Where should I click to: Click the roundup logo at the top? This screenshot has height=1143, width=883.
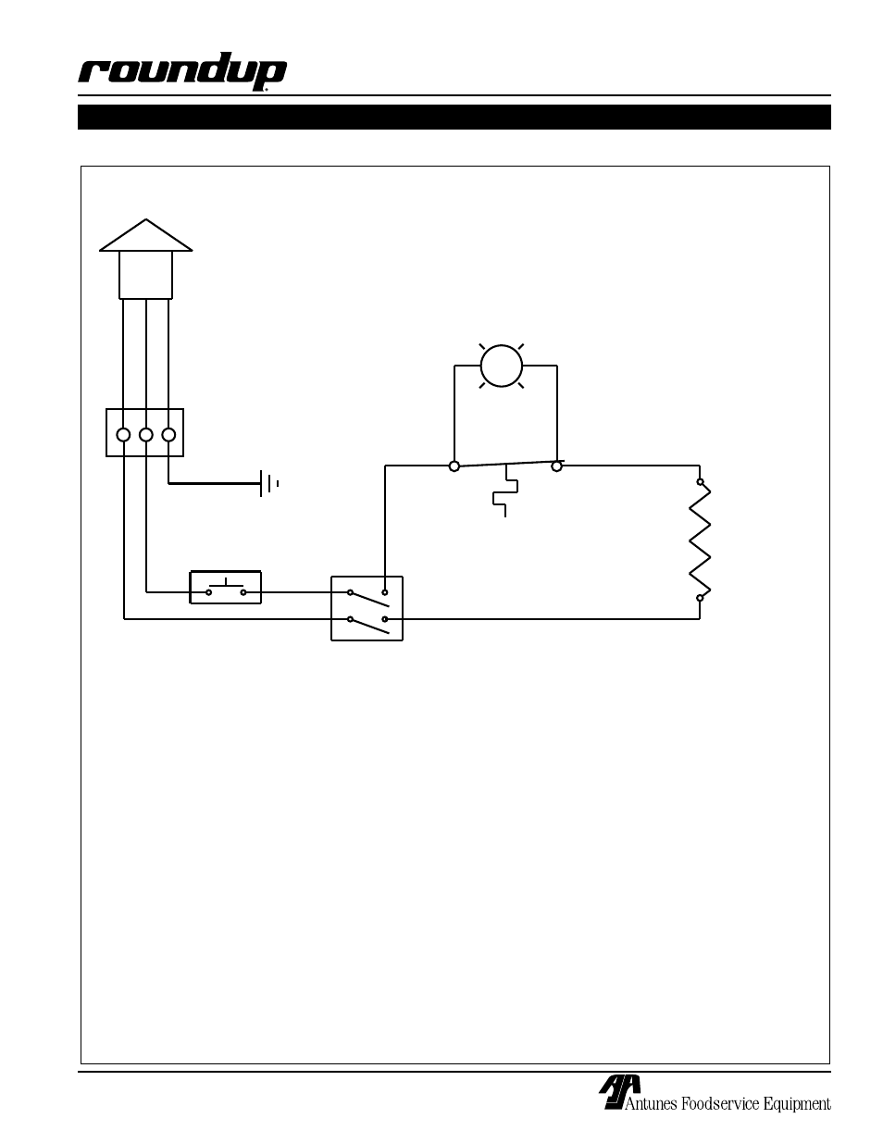pos(182,71)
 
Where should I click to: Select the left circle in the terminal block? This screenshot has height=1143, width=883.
pos(123,435)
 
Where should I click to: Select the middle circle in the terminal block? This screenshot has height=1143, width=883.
pos(145,435)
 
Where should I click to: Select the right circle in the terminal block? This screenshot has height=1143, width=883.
pos(168,435)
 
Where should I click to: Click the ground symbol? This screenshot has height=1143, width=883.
pos(268,483)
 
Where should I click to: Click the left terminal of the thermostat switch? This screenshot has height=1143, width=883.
pos(454,466)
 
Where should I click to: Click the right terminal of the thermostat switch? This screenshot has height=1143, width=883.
pos(556,466)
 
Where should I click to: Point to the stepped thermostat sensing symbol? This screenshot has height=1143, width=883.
pos(505,491)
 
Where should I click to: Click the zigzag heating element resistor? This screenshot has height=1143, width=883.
pos(700,540)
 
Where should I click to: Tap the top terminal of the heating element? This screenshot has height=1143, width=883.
pos(700,482)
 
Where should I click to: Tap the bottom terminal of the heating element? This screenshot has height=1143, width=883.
pos(700,598)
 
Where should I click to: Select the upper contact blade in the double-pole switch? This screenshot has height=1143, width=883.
pos(369,599)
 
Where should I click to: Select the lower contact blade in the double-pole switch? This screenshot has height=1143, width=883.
pos(369,626)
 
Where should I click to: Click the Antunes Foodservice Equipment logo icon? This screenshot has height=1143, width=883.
pos(619,1092)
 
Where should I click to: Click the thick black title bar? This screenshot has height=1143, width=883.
pos(454,117)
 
